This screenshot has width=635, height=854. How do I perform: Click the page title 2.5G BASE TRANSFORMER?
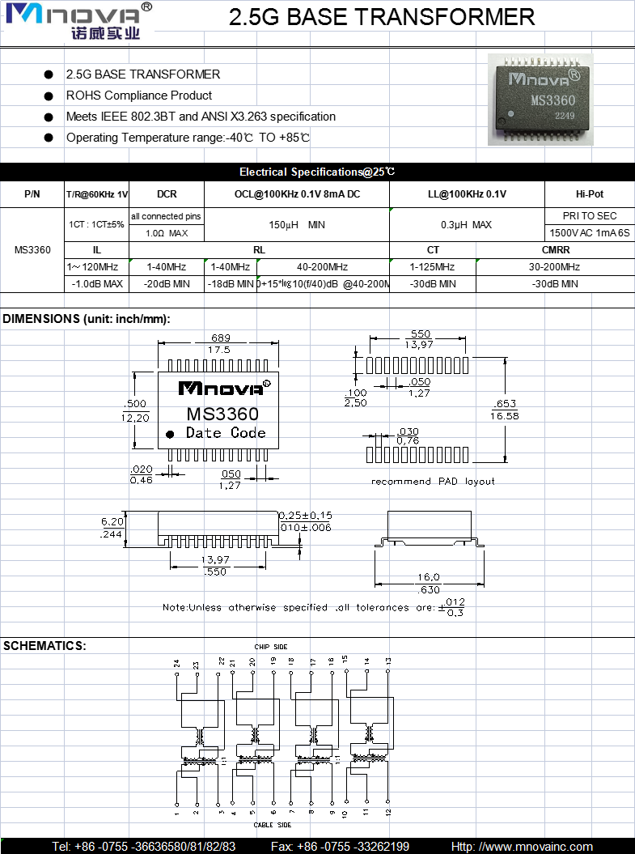coord(382,17)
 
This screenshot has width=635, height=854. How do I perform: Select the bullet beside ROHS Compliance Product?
coord(49,96)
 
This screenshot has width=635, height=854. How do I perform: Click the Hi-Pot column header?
coord(589,194)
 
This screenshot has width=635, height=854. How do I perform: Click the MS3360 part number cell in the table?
coord(32,250)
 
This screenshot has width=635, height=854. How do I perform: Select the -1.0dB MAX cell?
coord(97,283)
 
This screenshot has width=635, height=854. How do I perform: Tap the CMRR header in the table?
coord(556,250)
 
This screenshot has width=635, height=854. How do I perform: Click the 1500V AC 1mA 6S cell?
coord(589,233)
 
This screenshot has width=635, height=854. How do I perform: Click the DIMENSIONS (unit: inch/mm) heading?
coord(87,319)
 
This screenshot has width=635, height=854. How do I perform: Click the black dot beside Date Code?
coord(170,435)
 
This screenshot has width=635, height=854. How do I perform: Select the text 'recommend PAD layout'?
coord(433,481)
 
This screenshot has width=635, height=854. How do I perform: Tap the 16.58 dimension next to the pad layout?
coord(504,415)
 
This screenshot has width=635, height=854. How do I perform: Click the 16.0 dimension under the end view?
coord(429,578)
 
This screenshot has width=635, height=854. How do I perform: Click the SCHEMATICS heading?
coord(44,646)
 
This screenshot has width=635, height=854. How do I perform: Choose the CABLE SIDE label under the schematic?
coord(271,824)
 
